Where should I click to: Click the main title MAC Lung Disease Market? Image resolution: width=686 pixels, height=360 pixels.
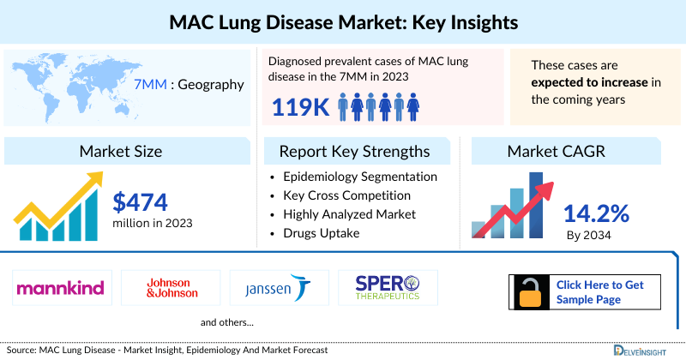tap(343, 18)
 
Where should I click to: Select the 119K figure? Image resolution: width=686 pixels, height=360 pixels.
tap(299, 107)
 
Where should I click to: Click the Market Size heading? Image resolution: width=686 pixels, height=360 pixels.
tap(120, 152)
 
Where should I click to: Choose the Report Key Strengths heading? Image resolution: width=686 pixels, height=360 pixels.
tap(354, 152)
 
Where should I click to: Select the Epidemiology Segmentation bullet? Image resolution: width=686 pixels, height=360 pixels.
tap(359, 177)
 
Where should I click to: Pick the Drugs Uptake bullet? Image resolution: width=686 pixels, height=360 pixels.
tap(322, 233)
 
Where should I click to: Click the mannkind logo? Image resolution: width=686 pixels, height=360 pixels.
tap(60, 287)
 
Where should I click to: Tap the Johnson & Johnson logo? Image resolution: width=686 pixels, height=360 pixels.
tap(171, 287)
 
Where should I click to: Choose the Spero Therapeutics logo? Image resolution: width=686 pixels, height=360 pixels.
tap(385, 287)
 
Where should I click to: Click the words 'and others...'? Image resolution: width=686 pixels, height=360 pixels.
tap(226, 323)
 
